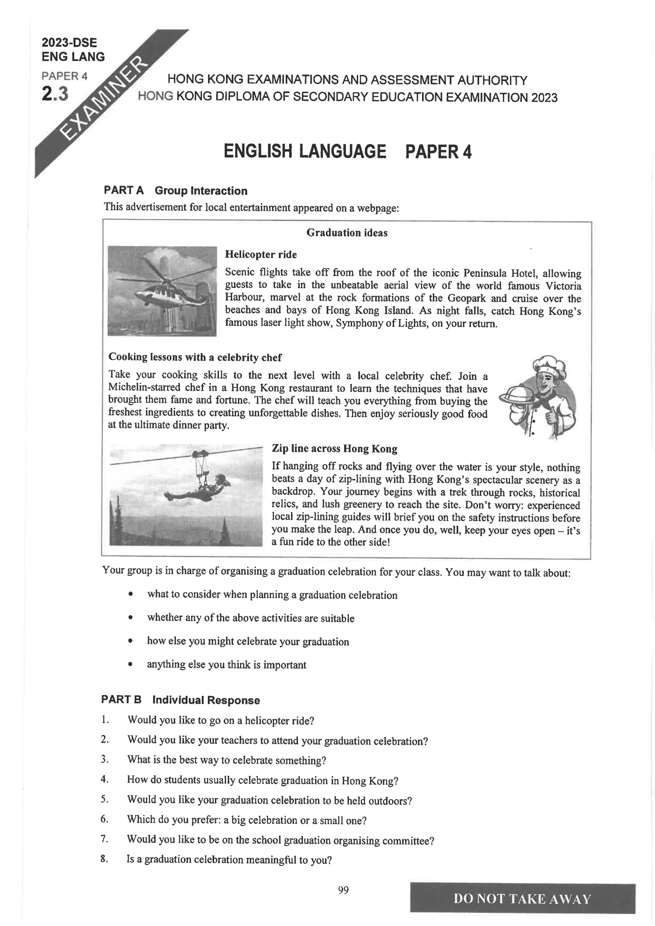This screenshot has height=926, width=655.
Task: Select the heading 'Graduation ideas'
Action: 347,233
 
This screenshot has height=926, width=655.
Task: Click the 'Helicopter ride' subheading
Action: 261,255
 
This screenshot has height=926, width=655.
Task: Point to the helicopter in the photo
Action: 161,290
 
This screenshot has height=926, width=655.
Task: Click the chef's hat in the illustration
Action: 549,365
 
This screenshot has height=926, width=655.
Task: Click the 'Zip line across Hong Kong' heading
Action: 334,448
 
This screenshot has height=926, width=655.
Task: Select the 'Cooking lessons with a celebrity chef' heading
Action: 195,357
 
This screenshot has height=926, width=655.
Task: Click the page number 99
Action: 343,890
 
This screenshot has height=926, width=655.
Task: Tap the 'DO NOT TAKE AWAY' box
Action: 522,899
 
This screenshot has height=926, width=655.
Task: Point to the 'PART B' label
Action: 121,700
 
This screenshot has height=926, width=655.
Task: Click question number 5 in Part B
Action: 105,799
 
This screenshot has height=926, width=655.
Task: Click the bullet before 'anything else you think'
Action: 130,665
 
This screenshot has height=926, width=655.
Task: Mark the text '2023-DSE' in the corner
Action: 69,43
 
